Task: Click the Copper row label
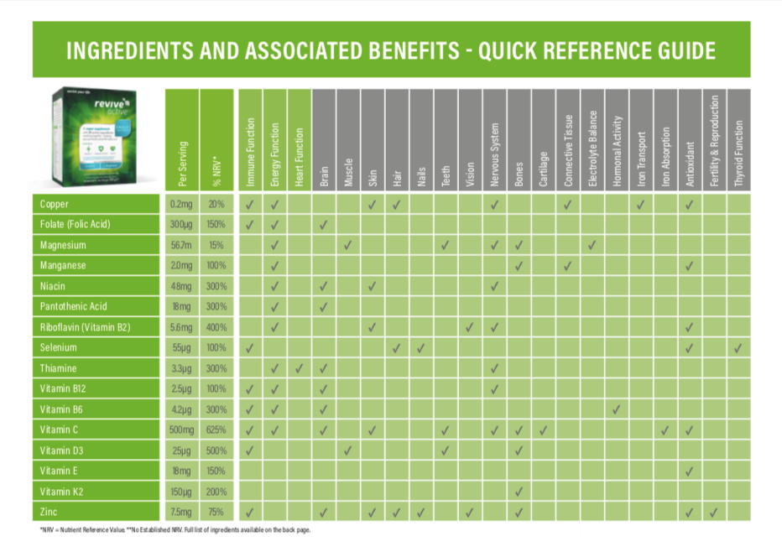54,205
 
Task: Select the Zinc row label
49,512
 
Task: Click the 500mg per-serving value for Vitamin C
180,430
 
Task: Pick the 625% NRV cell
216,430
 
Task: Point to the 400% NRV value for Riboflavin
216,327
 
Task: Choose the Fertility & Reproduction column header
714,142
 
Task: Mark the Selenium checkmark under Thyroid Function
738,348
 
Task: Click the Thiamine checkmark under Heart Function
300,368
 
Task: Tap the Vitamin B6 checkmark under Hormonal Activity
617,409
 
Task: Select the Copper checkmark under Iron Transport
641,205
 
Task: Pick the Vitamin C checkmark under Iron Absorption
665,430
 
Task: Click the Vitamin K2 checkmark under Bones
519,492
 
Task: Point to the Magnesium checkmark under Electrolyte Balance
592,246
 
